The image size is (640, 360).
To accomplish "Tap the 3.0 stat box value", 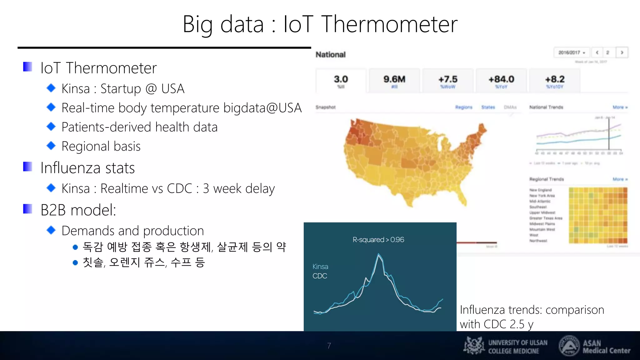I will point(341,79).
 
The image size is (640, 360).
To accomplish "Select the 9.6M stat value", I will point(394,79).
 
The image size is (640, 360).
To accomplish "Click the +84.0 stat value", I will point(501,79).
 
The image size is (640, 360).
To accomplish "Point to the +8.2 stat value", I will point(555,79).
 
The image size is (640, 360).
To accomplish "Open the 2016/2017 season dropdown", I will point(572,52).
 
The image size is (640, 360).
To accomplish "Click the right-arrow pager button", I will point(622,52).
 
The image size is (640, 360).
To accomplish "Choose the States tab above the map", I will point(488,107).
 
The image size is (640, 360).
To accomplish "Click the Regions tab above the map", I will point(464,107).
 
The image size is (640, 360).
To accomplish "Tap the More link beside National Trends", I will point(620,107).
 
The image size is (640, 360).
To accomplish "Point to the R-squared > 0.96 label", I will point(378,240).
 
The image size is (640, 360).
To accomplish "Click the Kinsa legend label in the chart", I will point(320,267).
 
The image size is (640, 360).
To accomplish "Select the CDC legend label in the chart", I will point(320,276).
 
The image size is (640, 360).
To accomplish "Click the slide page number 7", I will point(329,346).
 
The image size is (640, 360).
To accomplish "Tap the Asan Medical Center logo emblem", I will point(569,346).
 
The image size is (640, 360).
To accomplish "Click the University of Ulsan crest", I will point(474,346).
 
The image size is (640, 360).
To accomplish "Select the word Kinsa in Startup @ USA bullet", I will point(76,89).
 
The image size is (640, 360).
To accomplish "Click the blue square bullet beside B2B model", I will point(27,209).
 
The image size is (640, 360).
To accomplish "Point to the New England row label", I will point(540,190).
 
